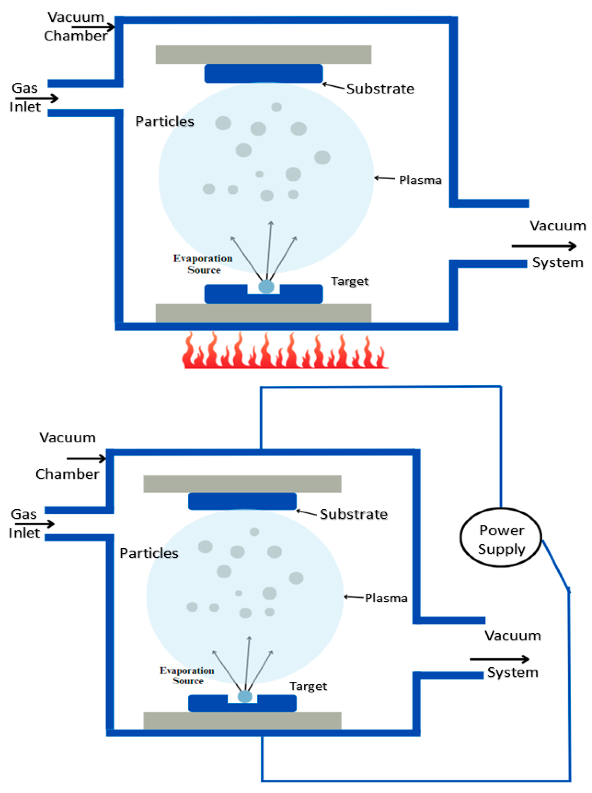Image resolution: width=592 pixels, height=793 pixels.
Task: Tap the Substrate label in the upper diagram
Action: (380, 89)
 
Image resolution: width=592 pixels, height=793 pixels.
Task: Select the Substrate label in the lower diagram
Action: (353, 514)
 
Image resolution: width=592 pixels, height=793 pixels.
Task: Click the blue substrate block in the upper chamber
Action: (263, 74)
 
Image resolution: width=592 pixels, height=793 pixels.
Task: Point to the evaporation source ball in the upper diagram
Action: (266, 286)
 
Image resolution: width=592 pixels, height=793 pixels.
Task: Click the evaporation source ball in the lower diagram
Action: (245, 696)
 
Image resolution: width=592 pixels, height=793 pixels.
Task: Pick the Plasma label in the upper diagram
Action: (420, 180)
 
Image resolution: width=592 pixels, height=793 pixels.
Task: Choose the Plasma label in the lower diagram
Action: (386, 598)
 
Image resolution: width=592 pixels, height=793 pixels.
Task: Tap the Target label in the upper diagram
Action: (349, 281)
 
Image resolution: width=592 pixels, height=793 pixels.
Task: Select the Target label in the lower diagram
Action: (308, 686)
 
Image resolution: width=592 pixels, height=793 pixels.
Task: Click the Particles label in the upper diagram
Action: (165, 121)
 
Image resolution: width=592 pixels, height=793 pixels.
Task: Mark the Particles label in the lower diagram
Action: (149, 553)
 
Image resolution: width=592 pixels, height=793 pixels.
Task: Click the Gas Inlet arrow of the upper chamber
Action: (37, 98)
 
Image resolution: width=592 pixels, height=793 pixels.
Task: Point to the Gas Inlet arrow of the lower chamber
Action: (34, 524)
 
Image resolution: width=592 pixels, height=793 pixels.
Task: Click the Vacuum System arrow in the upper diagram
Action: (544, 246)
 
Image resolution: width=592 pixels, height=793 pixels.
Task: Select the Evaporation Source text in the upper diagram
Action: (203, 264)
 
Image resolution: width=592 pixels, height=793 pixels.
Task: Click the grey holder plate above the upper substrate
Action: (263, 54)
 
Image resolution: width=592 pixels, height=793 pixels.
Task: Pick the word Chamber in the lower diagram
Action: (68, 474)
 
